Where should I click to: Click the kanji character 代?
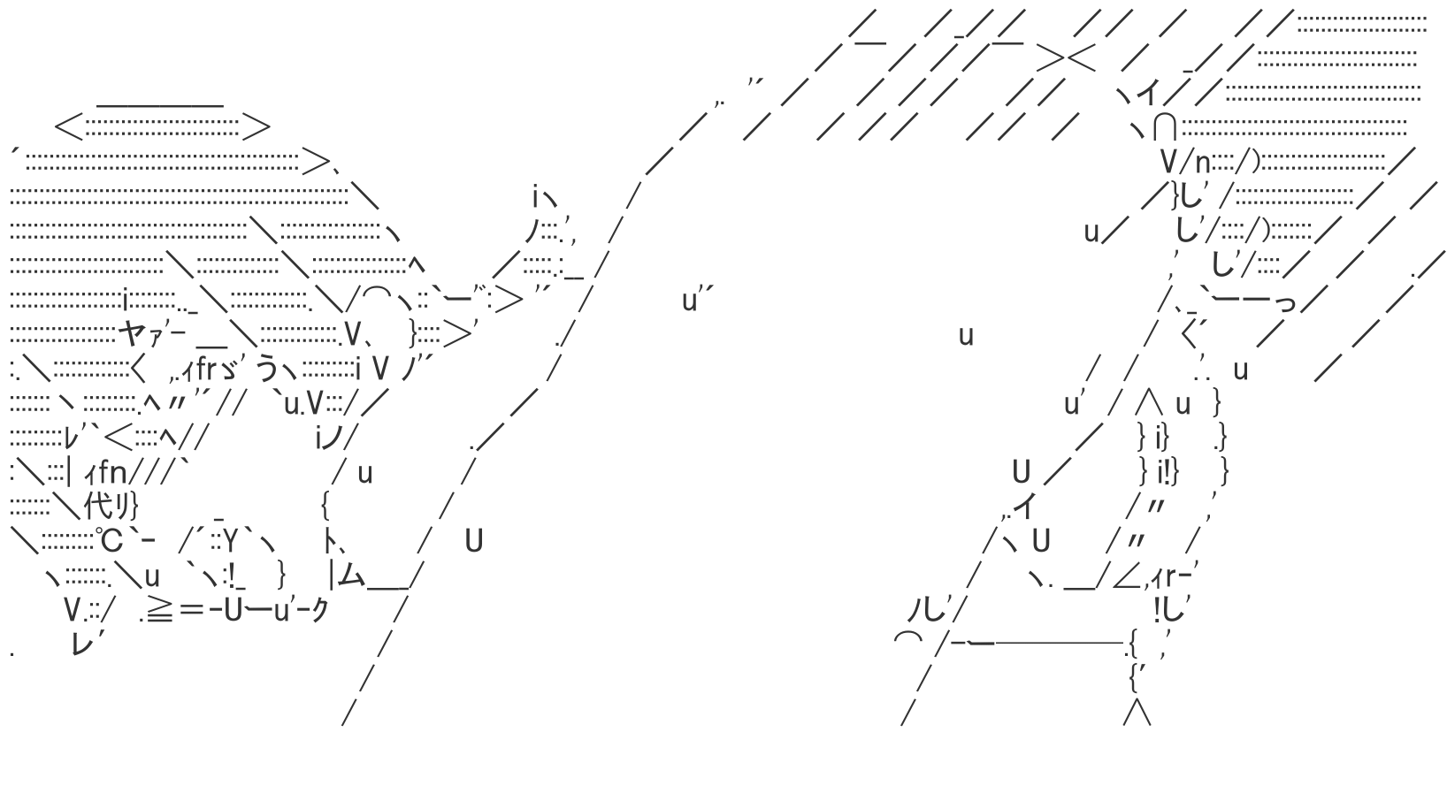[x=97, y=507]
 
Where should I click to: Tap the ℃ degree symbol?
[x=111, y=539]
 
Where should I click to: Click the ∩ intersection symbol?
[x=1166, y=128]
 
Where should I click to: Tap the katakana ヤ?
[x=132, y=333]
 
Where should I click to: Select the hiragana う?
[x=268, y=368]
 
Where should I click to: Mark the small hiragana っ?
[x=1287, y=303]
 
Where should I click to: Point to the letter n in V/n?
[x=1203, y=163]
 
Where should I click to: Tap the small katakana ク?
[x=319, y=610]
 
